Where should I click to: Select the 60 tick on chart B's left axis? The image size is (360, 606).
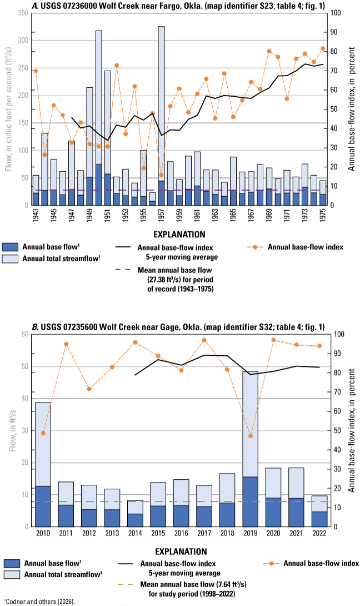(x=24, y=334)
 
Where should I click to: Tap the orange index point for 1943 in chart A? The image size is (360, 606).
(x=36, y=71)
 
